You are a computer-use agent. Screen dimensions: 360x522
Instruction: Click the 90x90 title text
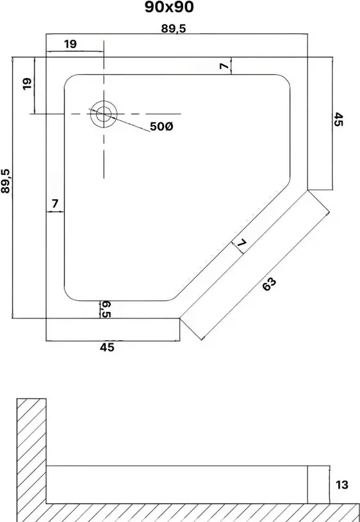[169, 7]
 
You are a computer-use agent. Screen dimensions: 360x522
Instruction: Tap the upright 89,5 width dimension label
[174, 29]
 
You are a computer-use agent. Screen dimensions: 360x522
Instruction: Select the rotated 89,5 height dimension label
[6, 181]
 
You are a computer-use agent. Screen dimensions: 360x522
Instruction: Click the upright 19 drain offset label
[70, 44]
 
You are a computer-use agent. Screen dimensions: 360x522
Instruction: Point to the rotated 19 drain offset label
[28, 83]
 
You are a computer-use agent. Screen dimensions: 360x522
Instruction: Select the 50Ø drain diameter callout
[161, 127]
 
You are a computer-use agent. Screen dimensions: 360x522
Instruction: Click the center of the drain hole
[104, 114]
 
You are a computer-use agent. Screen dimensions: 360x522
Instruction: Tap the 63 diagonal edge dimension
[269, 284]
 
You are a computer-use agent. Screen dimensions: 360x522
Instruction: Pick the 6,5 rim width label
[106, 309]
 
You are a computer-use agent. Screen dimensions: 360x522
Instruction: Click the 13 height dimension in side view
[342, 485]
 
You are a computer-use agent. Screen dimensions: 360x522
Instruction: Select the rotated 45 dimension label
[338, 120]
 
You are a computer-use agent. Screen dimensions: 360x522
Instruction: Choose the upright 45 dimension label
[107, 347]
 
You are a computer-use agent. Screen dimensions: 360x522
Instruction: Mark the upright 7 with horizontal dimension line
[55, 203]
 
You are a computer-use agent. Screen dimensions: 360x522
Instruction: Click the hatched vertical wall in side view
[31, 459]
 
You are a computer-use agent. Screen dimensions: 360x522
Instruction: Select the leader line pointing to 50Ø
[119, 120]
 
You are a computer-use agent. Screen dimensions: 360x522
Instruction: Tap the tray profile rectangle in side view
[177, 485]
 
